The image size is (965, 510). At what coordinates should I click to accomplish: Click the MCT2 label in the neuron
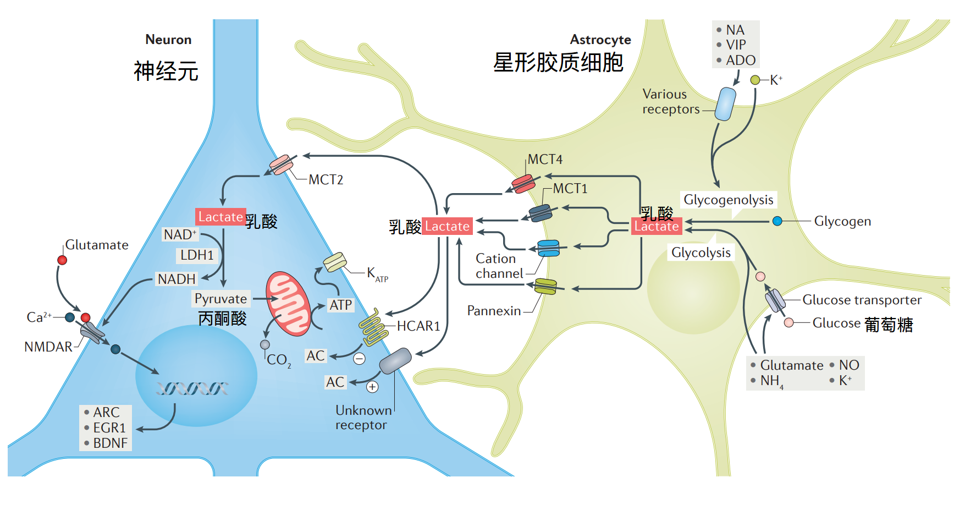[326, 180]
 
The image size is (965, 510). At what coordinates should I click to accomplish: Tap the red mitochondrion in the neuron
[288, 303]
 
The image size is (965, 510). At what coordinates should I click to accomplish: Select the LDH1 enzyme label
[197, 255]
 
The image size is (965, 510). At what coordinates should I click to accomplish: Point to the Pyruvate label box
[221, 299]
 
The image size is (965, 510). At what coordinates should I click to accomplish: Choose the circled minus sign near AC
[359, 359]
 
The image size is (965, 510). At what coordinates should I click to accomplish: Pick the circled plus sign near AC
[372, 387]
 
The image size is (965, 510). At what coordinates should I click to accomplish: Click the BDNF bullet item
[110, 443]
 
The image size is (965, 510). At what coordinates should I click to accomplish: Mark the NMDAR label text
[48, 347]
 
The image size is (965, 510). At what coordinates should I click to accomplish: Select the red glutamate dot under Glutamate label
[62, 260]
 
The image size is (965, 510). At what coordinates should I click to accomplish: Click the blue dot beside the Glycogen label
[777, 221]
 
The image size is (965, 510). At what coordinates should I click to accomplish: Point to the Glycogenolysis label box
[728, 200]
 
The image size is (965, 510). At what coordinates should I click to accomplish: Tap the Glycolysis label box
[701, 253]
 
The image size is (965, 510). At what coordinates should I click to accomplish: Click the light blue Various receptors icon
[725, 104]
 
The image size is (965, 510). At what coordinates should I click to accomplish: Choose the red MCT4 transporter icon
[523, 183]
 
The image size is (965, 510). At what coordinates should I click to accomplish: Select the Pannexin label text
[494, 311]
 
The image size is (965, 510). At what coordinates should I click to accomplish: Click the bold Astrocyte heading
[600, 40]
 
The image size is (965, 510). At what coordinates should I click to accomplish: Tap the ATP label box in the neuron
[341, 305]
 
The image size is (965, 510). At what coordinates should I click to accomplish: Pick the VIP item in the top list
[736, 45]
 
